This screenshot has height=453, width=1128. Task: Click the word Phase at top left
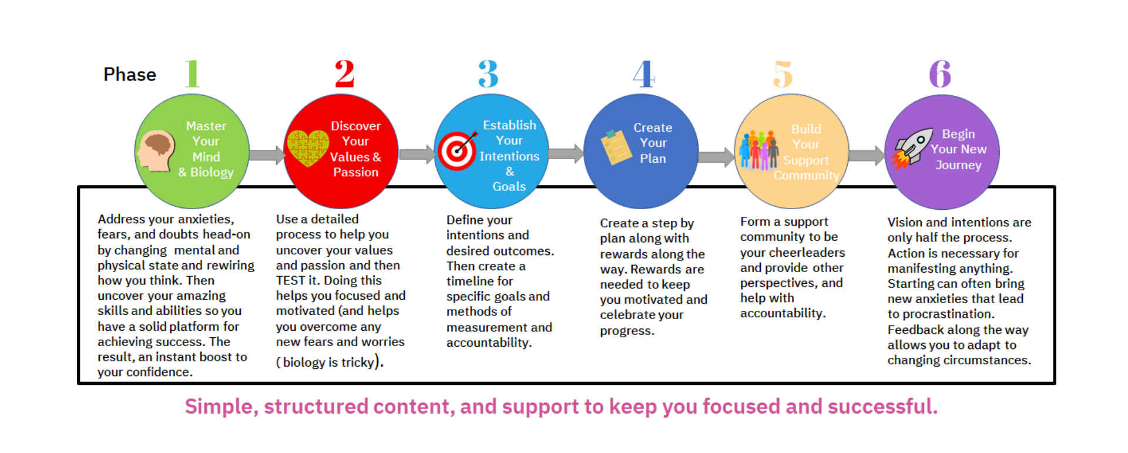129,75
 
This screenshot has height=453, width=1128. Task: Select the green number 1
192,74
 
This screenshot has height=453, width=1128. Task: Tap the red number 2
345,74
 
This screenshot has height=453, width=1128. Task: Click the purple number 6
940,74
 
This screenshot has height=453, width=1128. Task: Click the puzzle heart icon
307,148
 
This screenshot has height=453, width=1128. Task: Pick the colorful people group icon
758,150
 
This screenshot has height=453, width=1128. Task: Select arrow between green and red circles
266,155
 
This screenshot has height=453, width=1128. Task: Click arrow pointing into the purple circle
867,156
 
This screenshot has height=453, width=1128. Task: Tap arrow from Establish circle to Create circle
566,154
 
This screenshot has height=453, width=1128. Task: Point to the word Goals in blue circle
509,186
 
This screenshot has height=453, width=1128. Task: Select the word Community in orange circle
806,175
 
